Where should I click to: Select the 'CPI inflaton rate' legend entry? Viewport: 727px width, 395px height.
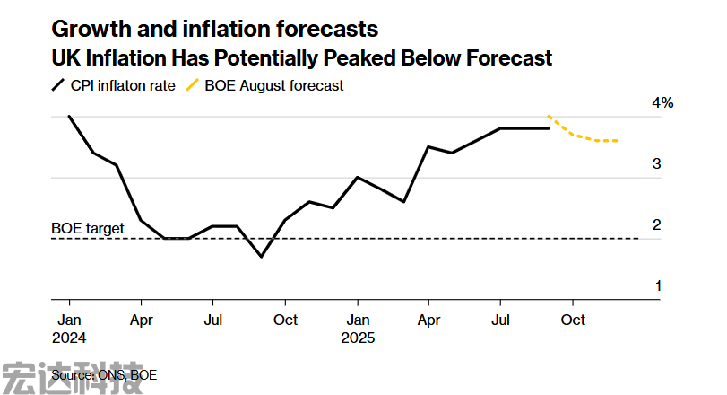[x=114, y=86]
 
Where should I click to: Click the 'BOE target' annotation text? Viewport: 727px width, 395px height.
[x=88, y=228]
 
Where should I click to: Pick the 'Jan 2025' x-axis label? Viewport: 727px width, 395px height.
[x=358, y=329]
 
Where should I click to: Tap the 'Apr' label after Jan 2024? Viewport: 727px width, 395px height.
[x=141, y=320]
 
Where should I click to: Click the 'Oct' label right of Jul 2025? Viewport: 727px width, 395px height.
[x=573, y=320]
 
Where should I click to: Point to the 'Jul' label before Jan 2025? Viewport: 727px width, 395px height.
[x=212, y=320]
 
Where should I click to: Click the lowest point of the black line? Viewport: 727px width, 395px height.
[x=261, y=257]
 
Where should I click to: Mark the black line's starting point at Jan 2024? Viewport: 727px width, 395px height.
[x=69, y=117]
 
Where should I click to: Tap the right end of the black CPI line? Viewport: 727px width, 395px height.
[x=549, y=128]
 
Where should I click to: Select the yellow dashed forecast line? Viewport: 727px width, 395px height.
[x=583, y=136]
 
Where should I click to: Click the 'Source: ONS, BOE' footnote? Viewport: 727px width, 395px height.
[x=98, y=374]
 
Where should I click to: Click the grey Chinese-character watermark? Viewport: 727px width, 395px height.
[x=72, y=377]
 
